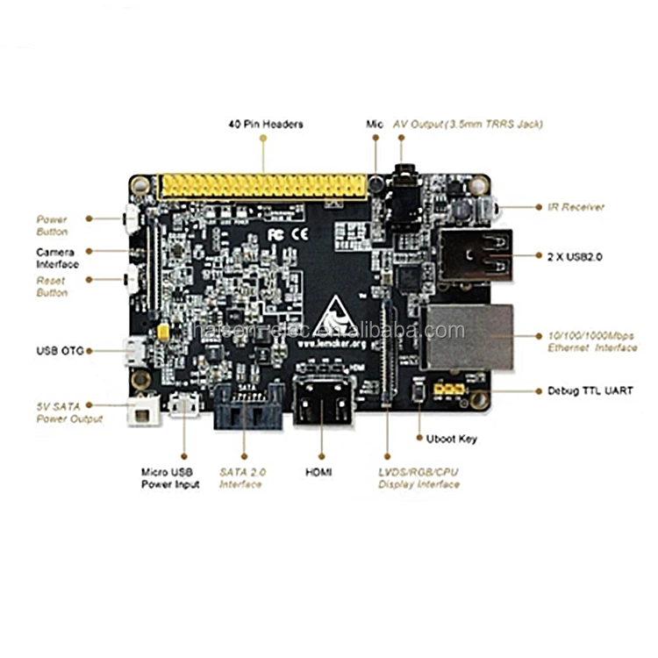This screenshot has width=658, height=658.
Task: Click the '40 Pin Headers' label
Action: coord(265,125)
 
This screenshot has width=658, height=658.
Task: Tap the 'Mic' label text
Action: coord(375,125)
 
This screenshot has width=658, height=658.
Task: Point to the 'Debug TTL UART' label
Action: coord(590,390)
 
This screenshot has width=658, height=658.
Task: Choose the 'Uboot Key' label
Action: coord(446,439)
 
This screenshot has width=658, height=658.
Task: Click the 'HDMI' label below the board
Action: coord(318,472)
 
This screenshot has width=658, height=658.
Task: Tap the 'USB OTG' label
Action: coord(60,351)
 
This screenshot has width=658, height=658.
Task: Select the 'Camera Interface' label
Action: coord(57,258)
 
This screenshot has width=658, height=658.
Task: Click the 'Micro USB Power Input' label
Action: coord(170,478)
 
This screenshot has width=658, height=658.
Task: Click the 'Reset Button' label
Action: coord(52,286)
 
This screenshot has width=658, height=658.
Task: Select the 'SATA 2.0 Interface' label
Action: coord(243,478)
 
